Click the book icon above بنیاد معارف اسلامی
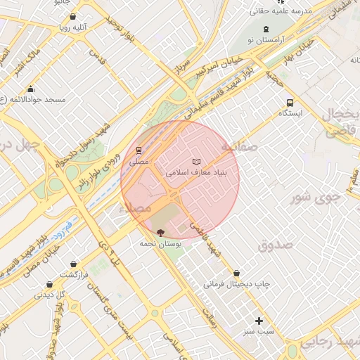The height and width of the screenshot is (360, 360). click(195, 162)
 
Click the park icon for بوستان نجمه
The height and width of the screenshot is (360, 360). click(161, 231)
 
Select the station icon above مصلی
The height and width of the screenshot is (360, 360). click(139, 151)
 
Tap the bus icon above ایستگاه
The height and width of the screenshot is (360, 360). click(290, 102)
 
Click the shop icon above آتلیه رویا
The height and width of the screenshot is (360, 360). click(74, 17)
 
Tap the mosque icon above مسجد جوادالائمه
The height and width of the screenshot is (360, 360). click(30, 89)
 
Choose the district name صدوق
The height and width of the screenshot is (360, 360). click(274, 245)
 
